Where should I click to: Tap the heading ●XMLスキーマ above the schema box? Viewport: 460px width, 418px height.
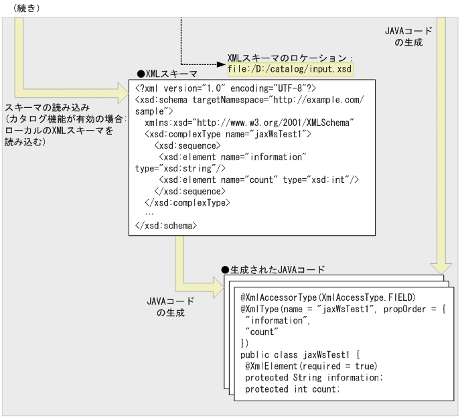[x=167, y=72]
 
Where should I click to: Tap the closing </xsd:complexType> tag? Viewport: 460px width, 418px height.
[x=187, y=202]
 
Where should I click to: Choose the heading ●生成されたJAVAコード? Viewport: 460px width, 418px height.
[x=273, y=269]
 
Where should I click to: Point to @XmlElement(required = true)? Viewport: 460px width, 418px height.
[x=311, y=366]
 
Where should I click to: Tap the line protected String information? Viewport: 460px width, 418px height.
[x=313, y=378]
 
